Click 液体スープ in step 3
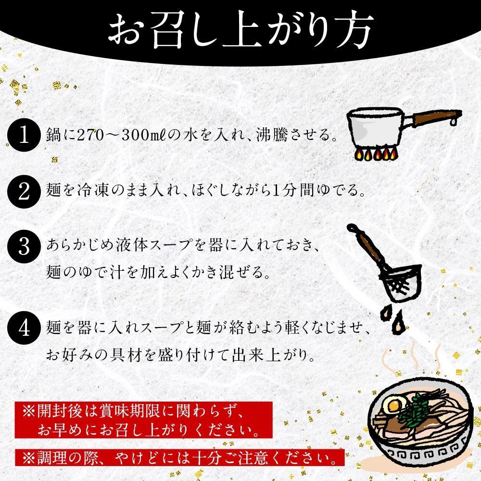151,246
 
